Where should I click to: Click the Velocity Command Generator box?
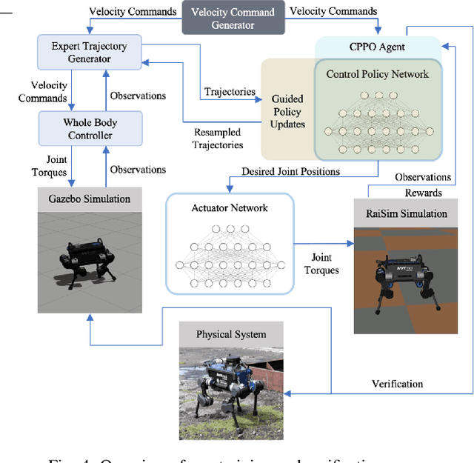[x=233, y=19]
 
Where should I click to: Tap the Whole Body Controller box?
[x=90, y=128]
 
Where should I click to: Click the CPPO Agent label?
[x=377, y=47]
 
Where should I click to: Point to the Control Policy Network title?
[x=378, y=74]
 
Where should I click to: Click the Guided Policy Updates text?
[x=288, y=110]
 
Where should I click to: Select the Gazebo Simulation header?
[x=89, y=199]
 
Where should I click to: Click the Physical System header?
[x=231, y=334]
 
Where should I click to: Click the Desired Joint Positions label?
[x=291, y=172]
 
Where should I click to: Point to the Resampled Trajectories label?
[x=218, y=139]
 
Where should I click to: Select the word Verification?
[x=397, y=383]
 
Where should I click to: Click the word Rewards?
[x=424, y=193]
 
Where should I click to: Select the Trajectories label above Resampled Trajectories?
[x=229, y=93]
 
